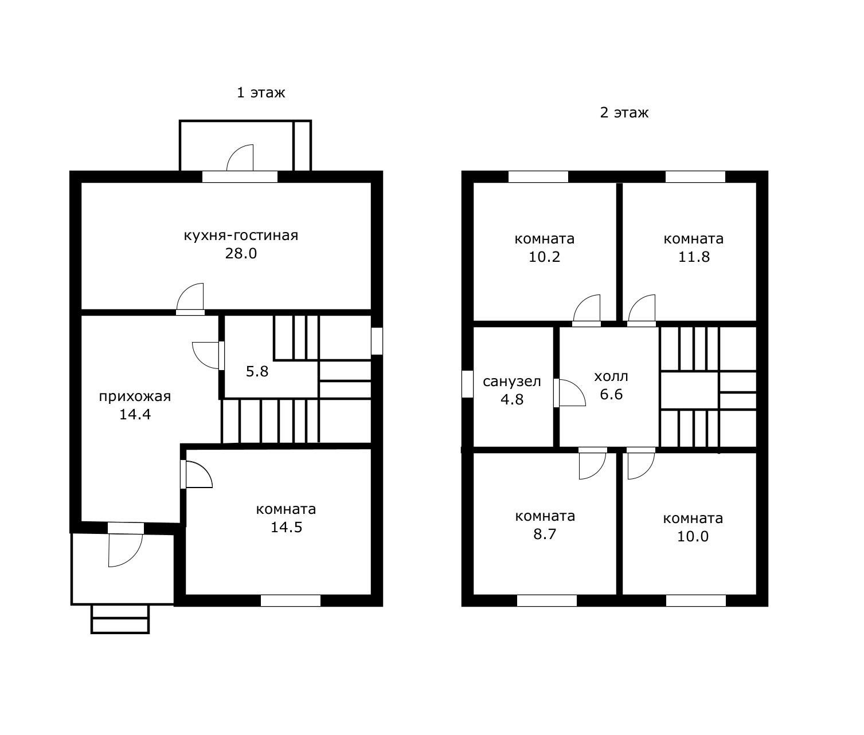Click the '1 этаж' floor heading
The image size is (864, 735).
pyautogui.click(x=261, y=92)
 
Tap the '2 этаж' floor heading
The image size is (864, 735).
pyautogui.click(x=624, y=112)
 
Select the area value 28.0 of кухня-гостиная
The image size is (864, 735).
pyautogui.click(x=241, y=253)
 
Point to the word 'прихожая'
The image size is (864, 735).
pyautogui.click(x=135, y=396)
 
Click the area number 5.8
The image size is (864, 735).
pyautogui.click(x=257, y=371)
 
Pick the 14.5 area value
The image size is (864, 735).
pyautogui.click(x=286, y=527)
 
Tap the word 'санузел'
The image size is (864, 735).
pyautogui.click(x=511, y=382)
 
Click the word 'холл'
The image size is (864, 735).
pyautogui.click(x=611, y=377)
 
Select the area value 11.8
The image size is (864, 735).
pyautogui.click(x=694, y=257)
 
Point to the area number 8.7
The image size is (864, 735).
pyautogui.click(x=545, y=534)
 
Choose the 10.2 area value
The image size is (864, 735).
pyautogui.click(x=544, y=257)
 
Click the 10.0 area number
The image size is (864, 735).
pyautogui.click(x=693, y=536)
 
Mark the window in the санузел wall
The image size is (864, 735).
pyautogui.click(x=467, y=384)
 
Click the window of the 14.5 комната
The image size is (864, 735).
pyautogui.click(x=291, y=600)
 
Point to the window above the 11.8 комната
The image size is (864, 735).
pyautogui.click(x=695, y=176)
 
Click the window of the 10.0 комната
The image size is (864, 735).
pyautogui.click(x=696, y=600)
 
